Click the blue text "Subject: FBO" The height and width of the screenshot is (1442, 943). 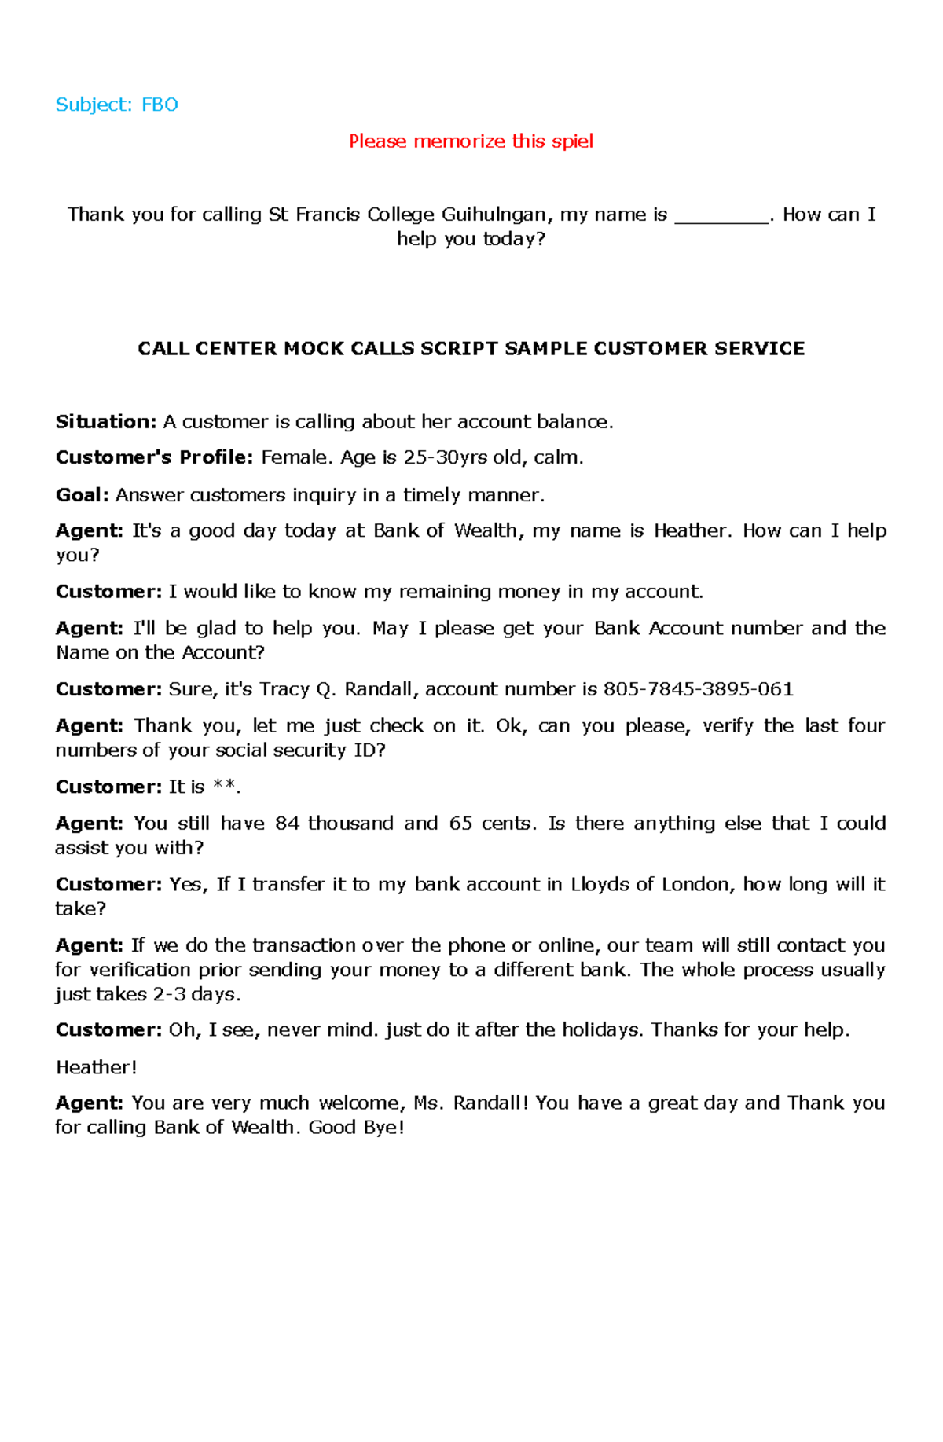pos(116,105)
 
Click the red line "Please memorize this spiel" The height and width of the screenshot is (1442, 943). pos(471,141)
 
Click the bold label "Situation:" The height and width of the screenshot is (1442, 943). pos(106,422)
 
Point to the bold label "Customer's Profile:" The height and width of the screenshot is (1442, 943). pos(154,457)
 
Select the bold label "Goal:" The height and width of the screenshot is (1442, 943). pos(82,495)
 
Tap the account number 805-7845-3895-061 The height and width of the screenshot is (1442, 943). pos(698,689)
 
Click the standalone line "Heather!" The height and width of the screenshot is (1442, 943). pos(97,1067)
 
